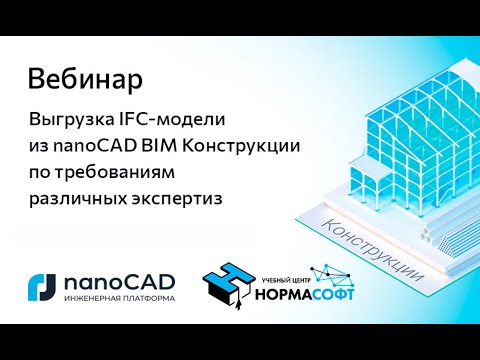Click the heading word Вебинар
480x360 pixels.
tap(84, 77)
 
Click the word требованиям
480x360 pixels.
tap(107, 172)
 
